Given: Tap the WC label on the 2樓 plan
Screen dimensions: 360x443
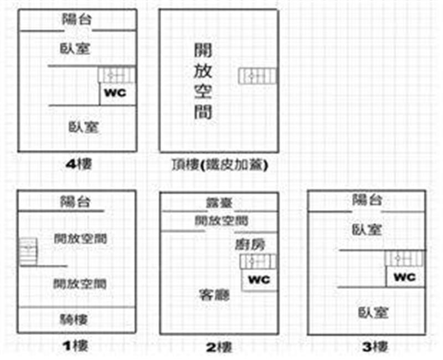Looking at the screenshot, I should point(259,280).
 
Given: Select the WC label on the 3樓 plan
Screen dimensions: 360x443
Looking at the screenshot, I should point(406,276).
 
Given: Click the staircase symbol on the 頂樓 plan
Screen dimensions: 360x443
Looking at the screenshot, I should point(257,76).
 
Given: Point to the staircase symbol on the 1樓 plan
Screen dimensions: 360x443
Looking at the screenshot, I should point(28,252).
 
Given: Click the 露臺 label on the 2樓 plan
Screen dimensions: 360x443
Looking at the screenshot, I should point(219,203).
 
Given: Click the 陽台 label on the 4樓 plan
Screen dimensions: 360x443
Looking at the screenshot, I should point(76,20).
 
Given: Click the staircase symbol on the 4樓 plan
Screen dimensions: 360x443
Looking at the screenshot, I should point(117,75).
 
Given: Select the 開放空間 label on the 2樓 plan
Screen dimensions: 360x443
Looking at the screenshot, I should point(221,221).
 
